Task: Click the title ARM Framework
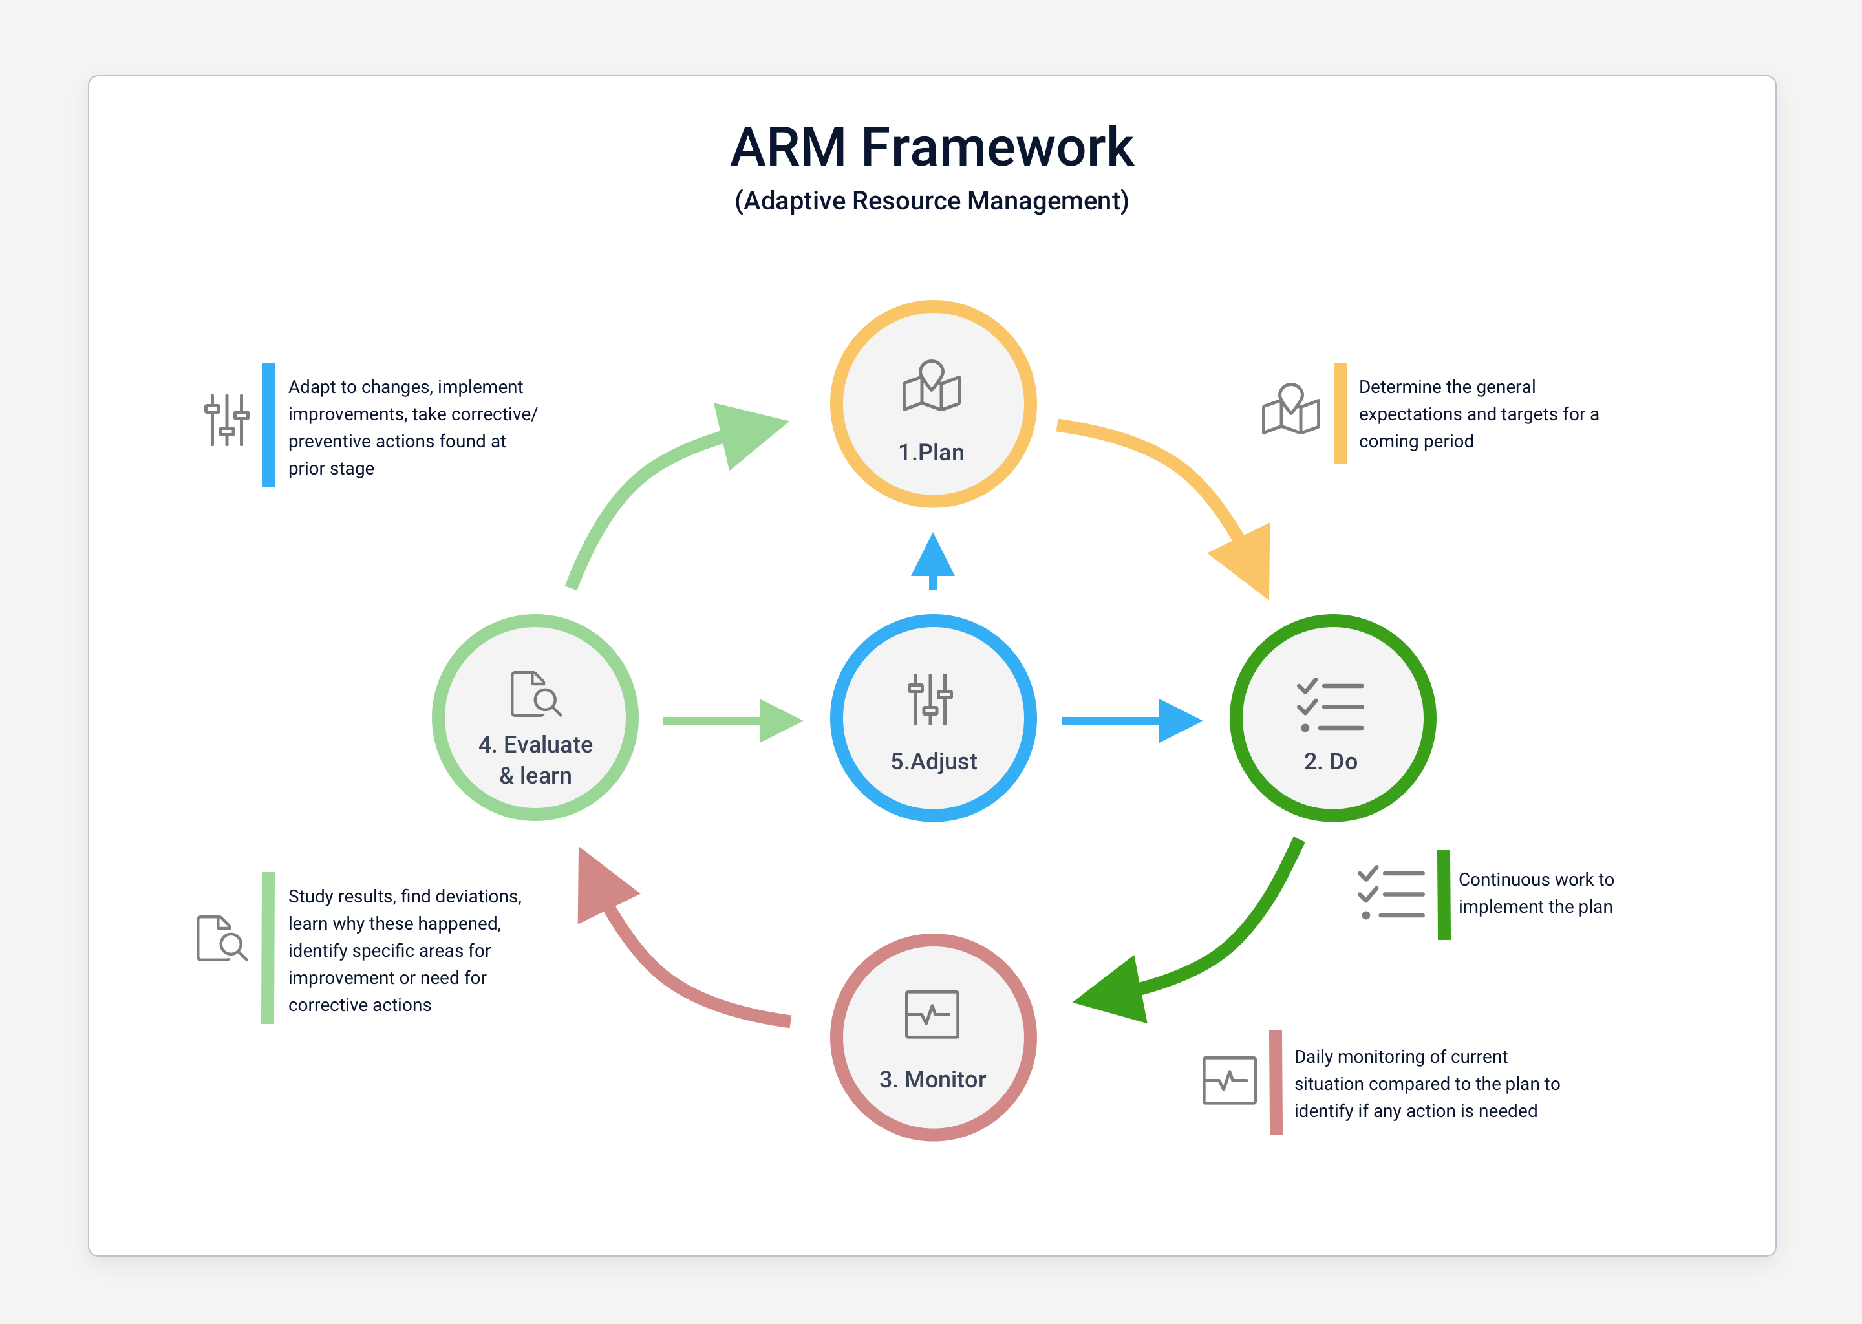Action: click(931, 147)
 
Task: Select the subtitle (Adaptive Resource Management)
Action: click(931, 200)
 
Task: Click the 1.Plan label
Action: click(931, 453)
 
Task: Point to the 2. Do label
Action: click(1331, 762)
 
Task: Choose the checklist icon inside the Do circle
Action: click(1331, 706)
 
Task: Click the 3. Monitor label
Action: click(932, 1080)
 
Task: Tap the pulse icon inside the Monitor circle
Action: click(932, 1014)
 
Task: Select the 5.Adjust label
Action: click(934, 762)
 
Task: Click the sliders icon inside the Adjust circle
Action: click(930, 699)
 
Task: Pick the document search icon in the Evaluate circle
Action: click(535, 694)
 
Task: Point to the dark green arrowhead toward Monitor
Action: click(1115, 991)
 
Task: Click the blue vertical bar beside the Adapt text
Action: click(268, 425)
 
